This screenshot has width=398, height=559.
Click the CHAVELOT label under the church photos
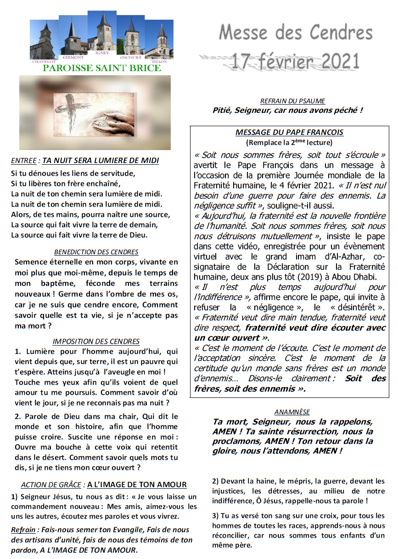pos(44,61)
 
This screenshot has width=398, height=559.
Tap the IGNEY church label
pos(101,53)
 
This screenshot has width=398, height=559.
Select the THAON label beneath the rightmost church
pos(159,61)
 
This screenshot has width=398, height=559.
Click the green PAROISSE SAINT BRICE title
pos(101,68)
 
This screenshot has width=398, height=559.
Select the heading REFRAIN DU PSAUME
pos(292,101)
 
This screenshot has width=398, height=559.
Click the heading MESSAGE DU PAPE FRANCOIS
pos(289,132)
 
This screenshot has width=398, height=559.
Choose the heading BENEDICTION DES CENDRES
pos(96,252)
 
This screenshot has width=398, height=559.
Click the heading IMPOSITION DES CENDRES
pos(96,341)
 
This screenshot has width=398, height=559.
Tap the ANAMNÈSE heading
pos(292,412)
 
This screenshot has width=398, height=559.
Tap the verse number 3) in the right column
pos(215,516)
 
